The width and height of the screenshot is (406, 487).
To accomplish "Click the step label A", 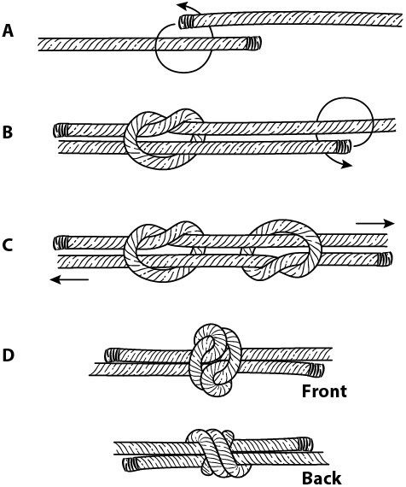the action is tap(8, 31).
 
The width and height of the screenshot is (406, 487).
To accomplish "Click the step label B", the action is tap(8, 132).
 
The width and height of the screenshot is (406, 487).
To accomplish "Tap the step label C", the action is tap(8, 245).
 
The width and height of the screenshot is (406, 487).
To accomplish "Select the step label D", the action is tap(8, 355).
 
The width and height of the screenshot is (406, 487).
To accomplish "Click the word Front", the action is tap(324, 391).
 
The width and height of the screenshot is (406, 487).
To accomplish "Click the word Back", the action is tap(322, 478).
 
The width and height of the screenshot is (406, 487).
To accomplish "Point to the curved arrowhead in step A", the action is tap(183, 6).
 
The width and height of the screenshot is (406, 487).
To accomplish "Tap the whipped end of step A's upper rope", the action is tap(186, 21).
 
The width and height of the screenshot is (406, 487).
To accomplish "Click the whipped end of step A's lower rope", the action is tap(254, 44).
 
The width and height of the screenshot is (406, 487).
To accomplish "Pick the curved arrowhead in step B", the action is tap(346, 165).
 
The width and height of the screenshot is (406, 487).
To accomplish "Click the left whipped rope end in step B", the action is tap(61, 131).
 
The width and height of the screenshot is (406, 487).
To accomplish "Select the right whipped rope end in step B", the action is tap(344, 147).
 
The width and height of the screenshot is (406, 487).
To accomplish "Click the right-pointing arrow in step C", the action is tap(375, 223).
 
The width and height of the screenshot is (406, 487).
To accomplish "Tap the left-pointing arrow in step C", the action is tap(69, 280).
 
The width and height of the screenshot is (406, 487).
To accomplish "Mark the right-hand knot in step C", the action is tap(281, 250).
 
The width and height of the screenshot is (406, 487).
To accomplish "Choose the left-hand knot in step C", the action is tap(164, 251).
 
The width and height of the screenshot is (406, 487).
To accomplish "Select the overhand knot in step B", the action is tap(164, 138).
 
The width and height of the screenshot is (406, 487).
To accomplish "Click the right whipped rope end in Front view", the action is tap(317, 370).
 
